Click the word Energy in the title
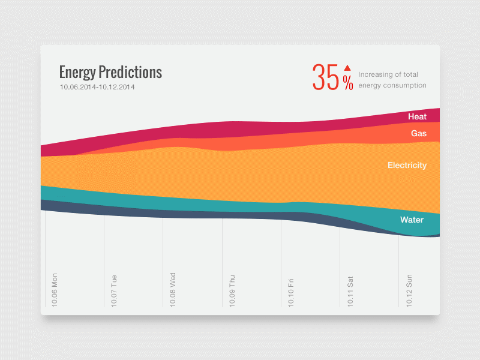point(77,73)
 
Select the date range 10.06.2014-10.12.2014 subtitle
point(97,87)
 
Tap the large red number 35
point(326,78)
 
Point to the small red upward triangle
point(347,68)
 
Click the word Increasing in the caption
point(375,74)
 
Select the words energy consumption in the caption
point(392,85)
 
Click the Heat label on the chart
point(417,116)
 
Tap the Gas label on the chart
point(419,133)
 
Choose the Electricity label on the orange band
point(407,165)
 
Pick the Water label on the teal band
point(412,220)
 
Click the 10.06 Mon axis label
point(55,290)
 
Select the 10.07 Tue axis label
point(113,290)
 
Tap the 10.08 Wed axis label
point(172,290)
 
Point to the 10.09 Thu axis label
point(232,290)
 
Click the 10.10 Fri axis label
point(290,290)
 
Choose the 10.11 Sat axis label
point(350,290)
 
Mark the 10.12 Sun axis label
point(409,290)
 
